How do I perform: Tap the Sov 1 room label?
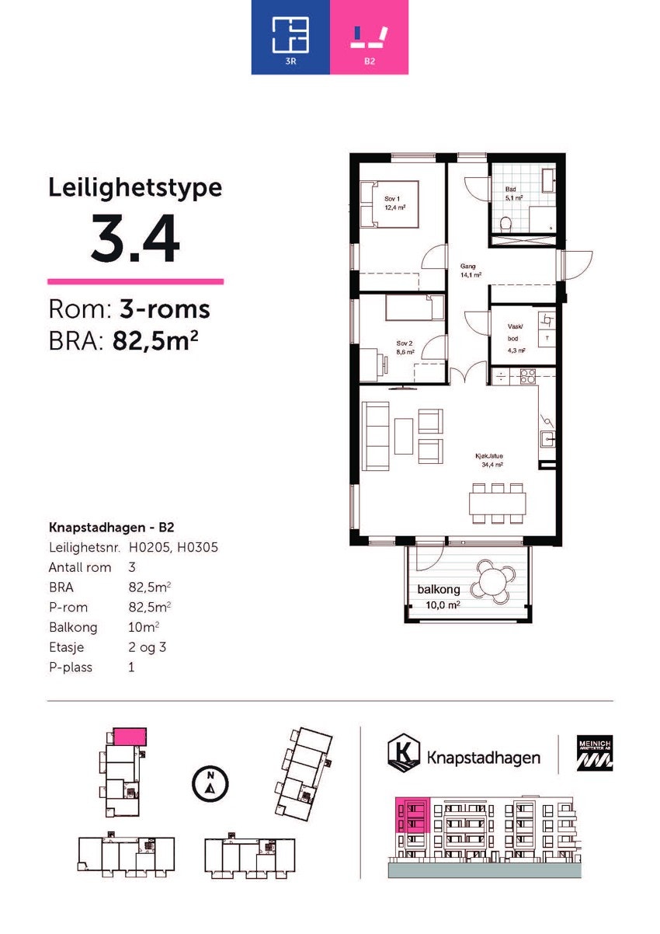tap(391, 202)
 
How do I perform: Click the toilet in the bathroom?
tap(506, 225)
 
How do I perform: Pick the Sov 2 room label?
tap(405, 347)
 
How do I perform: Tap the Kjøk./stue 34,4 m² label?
tap(490, 460)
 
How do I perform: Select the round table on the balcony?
tap(494, 579)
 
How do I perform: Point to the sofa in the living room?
tap(377, 435)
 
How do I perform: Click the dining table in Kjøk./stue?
tap(497, 504)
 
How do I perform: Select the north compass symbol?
tap(209, 782)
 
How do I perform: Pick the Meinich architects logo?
tap(594, 753)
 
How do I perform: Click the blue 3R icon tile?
tap(290, 37)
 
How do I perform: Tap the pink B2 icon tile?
tap(369, 37)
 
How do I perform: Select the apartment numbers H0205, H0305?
tap(173, 547)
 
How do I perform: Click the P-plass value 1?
tap(131, 667)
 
